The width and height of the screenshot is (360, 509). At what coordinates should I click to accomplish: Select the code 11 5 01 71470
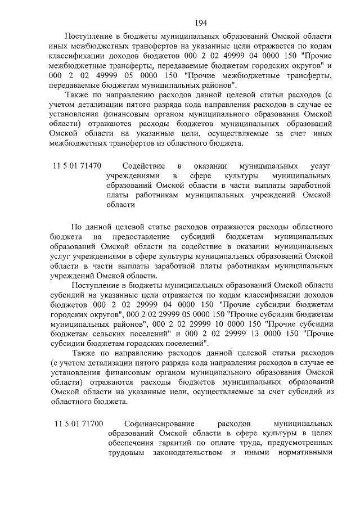tap(76, 166)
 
